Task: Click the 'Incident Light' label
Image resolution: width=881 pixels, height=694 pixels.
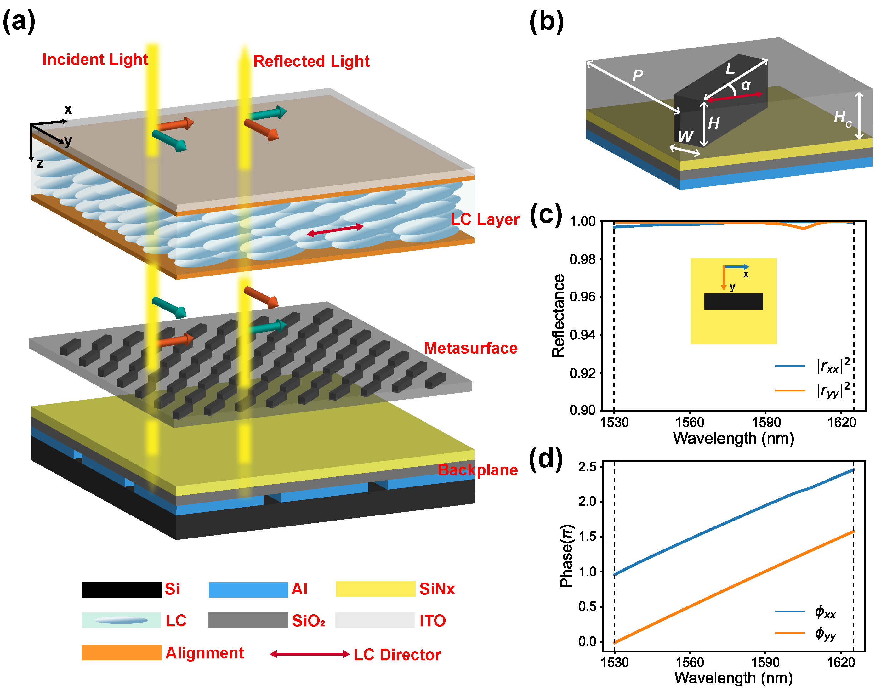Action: [95, 60]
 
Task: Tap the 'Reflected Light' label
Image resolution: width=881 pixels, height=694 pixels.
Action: [311, 61]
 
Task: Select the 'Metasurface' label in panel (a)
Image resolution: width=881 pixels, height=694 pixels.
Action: [471, 348]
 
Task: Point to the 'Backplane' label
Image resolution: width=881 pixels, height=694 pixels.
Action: [478, 470]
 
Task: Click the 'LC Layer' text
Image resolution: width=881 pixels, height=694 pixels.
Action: [485, 219]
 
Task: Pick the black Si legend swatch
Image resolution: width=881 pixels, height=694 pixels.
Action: [122, 589]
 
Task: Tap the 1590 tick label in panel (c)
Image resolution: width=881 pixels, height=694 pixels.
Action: [766, 423]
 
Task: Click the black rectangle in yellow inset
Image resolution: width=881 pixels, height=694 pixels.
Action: [734, 301]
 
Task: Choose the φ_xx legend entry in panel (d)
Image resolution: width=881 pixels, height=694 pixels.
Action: [825, 611]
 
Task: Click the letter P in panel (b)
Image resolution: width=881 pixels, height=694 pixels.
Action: [638, 75]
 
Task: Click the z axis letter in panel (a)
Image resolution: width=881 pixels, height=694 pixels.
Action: [40, 163]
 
